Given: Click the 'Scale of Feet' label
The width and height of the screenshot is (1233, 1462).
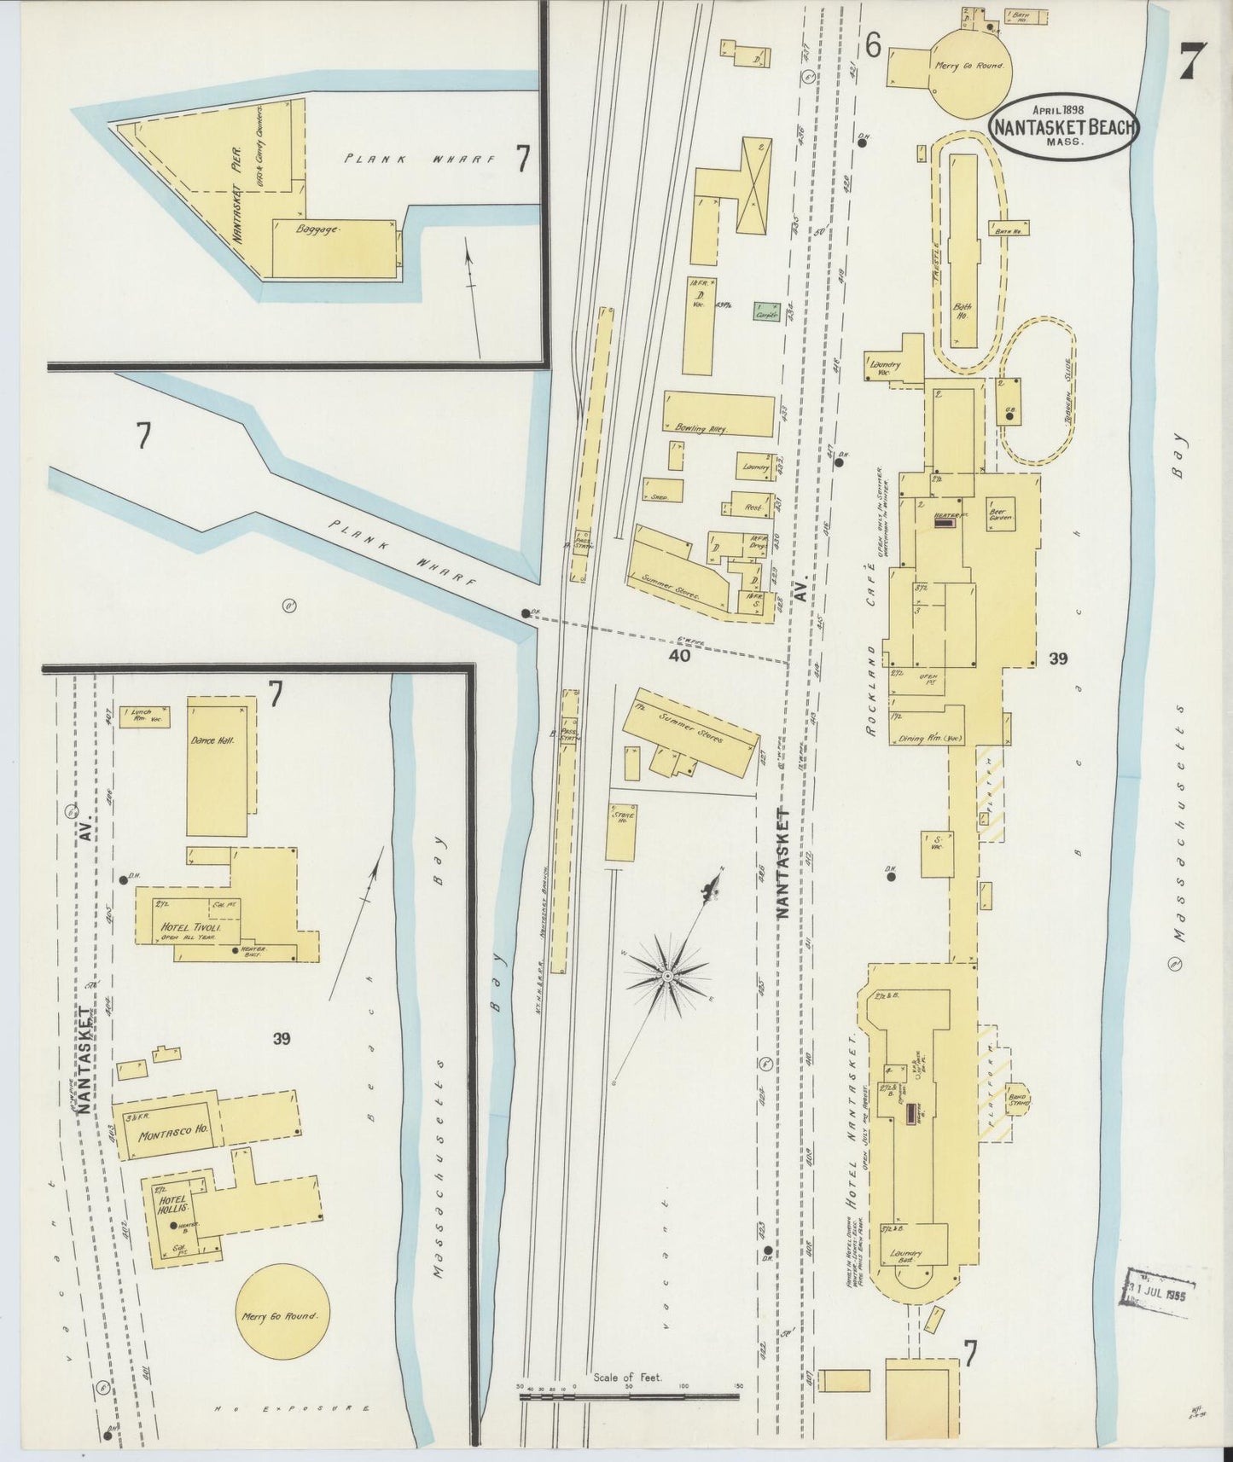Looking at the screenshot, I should point(627,1378).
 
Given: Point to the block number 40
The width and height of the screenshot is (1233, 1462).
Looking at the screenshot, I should point(679,656).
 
